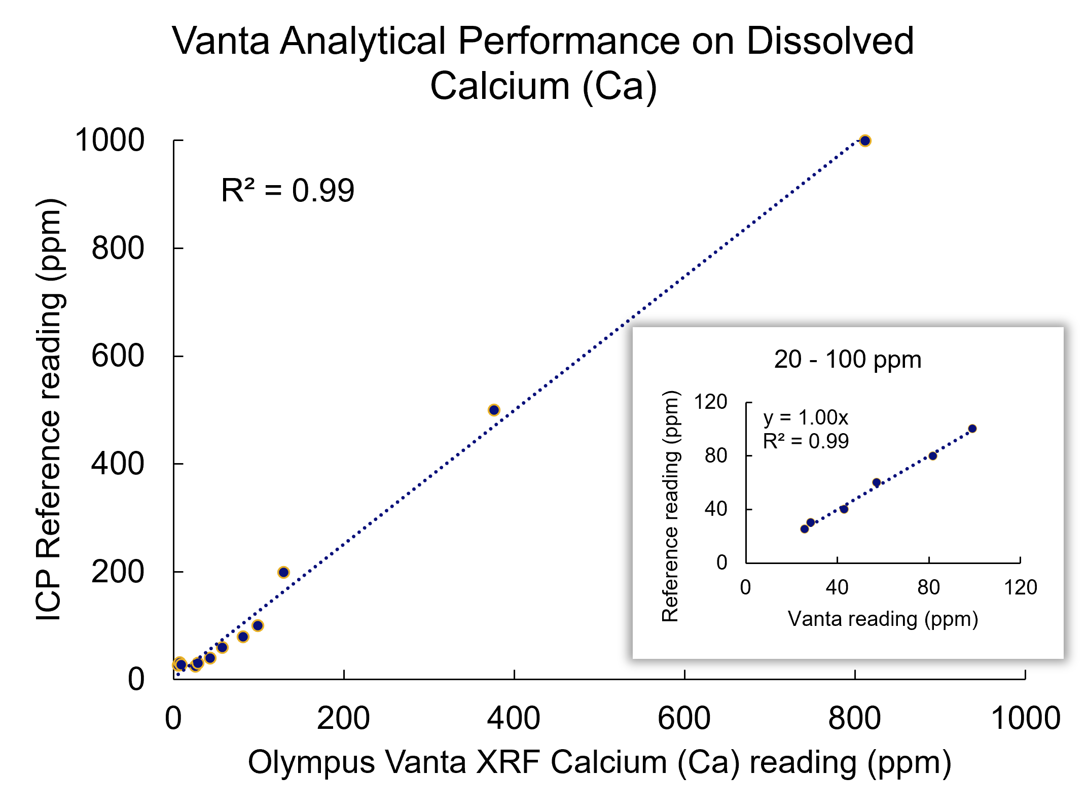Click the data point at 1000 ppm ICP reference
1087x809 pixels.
coord(865,141)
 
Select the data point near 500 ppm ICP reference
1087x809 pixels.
coord(494,410)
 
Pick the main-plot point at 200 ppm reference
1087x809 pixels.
coord(283,572)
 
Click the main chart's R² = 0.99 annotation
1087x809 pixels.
coord(287,191)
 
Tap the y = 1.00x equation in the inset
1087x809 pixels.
coord(806,418)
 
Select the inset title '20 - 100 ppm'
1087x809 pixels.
coord(847,360)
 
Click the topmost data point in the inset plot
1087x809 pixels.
coord(972,429)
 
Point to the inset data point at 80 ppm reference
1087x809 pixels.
coord(933,456)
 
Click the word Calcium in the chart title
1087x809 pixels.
coord(499,86)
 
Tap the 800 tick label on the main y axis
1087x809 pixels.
coord(118,249)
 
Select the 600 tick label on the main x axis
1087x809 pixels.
coord(684,719)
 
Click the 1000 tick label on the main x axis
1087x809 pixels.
coord(1025,719)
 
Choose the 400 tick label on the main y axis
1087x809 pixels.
coord(118,464)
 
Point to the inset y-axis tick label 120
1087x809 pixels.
coord(711,402)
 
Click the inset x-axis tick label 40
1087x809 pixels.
coord(837,587)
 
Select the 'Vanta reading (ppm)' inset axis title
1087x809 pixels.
coord(883,619)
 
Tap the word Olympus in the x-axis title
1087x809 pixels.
coord(311,763)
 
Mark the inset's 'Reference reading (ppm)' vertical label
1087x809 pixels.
coord(670,506)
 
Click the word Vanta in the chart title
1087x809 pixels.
coord(221,41)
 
